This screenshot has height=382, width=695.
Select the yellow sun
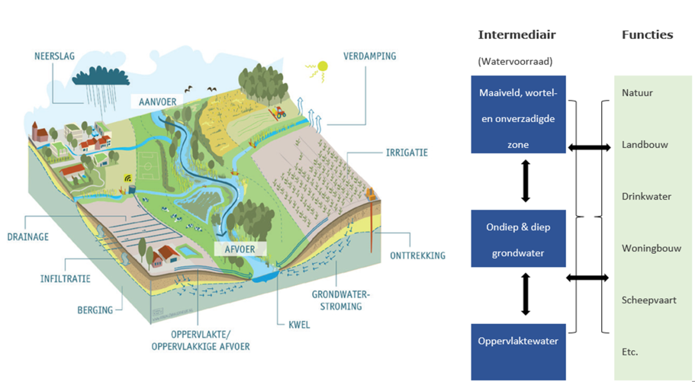322,66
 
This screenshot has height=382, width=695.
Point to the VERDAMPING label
369,57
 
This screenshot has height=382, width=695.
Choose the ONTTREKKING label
416,255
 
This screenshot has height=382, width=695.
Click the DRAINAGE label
28,237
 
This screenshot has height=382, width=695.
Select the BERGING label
95,310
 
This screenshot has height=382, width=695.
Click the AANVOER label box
157,101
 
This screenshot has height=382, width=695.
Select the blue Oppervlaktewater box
518,352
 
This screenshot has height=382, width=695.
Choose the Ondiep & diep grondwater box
518,239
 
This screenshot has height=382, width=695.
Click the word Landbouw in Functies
645,144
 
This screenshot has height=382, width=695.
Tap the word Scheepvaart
649,300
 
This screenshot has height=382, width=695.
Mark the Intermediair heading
517,35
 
